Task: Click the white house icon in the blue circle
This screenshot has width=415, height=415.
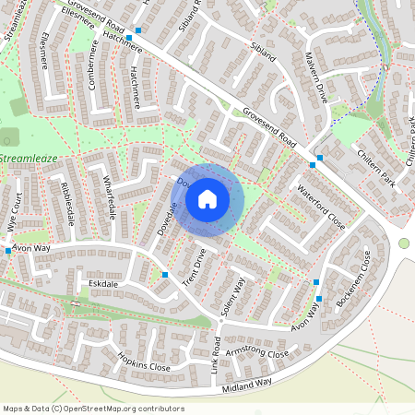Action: click(x=207, y=198)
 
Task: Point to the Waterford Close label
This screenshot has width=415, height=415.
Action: click(x=320, y=207)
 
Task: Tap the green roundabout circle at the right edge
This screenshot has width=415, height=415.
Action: click(x=404, y=243)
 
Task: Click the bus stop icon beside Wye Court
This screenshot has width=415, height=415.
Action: click(x=7, y=251)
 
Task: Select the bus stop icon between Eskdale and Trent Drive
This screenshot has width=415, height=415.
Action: click(x=164, y=275)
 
